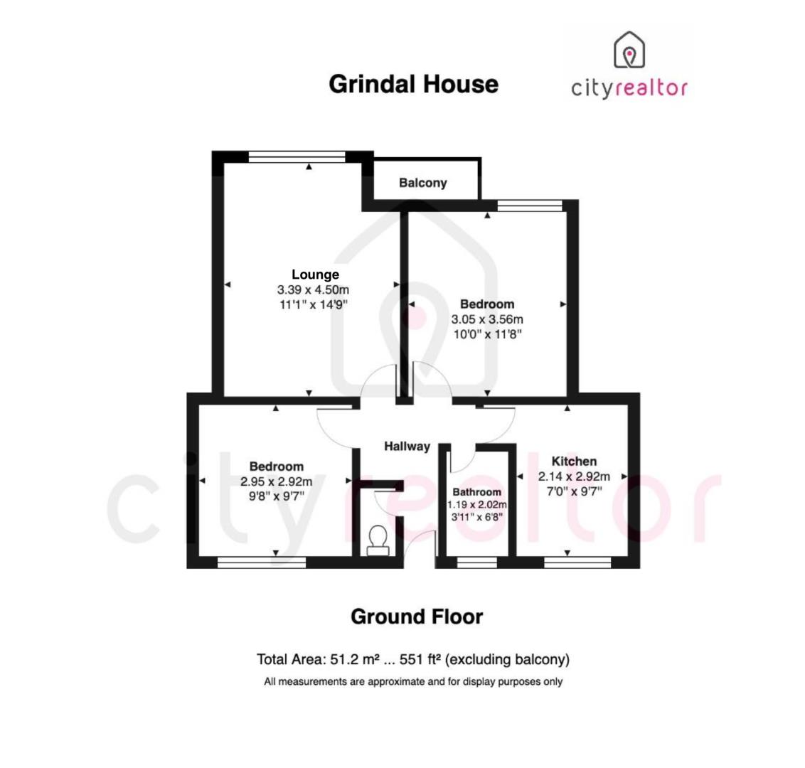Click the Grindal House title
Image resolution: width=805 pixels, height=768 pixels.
click(x=413, y=84)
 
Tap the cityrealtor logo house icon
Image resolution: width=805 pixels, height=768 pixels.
click(x=629, y=50)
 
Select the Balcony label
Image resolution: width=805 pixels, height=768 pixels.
click(x=423, y=183)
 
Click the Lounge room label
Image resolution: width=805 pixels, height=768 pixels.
click(x=316, y=274)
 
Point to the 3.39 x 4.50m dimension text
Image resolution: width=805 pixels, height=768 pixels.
click(x=313, y=290)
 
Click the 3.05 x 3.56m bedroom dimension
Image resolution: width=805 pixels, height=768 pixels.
click(x=487, y=319)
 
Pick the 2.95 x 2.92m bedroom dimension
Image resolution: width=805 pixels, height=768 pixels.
click(x=277, y=481)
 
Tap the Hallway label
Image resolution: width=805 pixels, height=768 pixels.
click(x=407, y=447)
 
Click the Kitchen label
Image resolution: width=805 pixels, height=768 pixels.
click(x=574, y=462)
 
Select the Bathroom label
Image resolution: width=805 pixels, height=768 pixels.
click(x=476, y=492)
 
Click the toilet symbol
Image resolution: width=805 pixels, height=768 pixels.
click(x=377, y=540)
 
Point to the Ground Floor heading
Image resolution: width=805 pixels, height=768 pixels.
click(x=417, y=617)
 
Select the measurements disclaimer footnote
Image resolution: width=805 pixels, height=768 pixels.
click(x=413, y=682)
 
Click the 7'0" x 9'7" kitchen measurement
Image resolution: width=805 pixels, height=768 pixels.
click(x=574, y=491)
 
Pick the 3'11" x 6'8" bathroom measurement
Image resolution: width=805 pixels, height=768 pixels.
click(x=476, y=517)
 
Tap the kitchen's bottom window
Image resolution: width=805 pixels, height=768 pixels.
click(x=577, y=562)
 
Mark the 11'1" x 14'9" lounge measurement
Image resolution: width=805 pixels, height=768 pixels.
click(x=313, y=304)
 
